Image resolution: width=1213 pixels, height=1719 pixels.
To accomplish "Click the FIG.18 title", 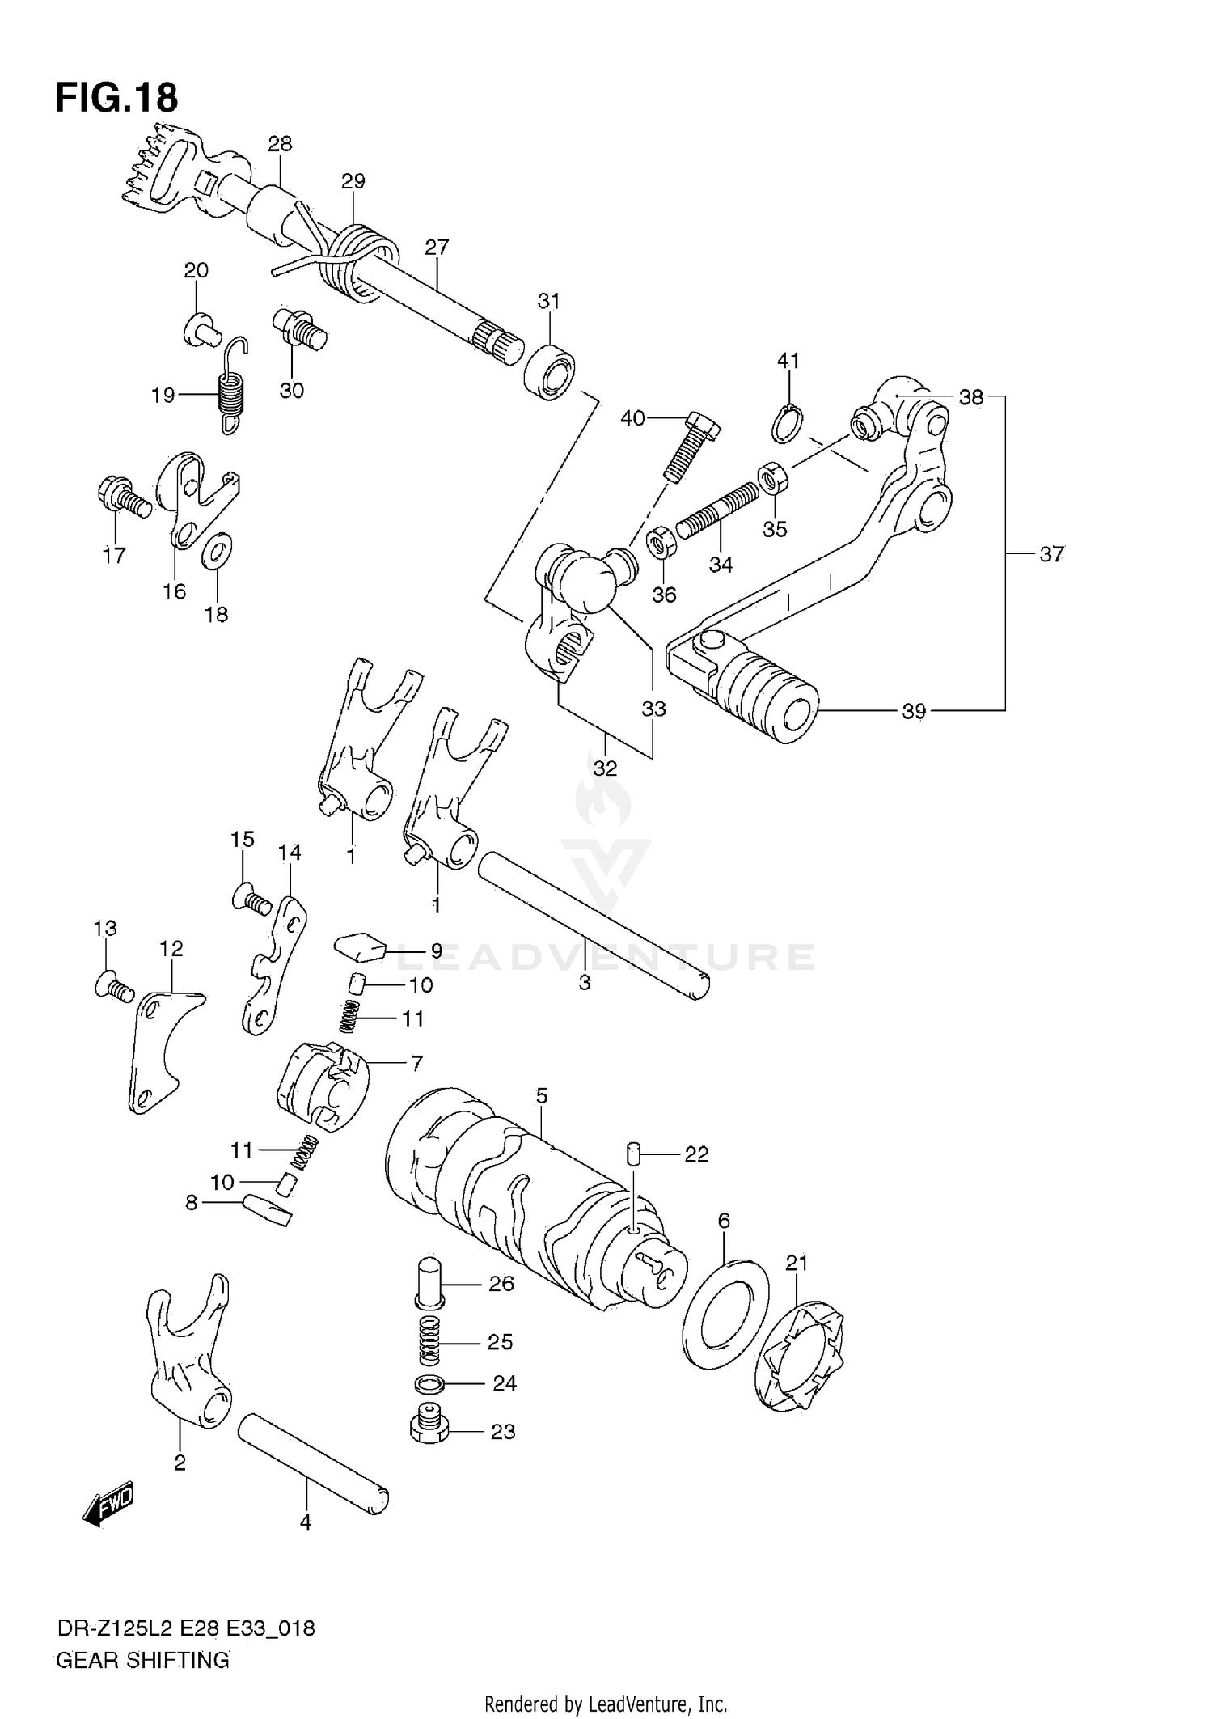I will pos(116,98).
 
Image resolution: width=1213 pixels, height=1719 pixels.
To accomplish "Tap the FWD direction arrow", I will pos(108,1506).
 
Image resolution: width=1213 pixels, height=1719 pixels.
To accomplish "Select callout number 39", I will pos(913,711).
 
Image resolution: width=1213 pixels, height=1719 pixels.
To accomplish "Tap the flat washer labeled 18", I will pos(216,553).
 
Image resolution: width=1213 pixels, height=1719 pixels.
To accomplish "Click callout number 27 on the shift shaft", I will pos(437,248).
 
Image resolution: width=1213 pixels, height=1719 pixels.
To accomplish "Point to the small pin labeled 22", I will pos(633,1153).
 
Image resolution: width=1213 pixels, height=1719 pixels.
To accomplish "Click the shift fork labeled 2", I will pos(190,1351).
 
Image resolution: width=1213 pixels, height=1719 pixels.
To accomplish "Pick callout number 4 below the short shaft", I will pos(305,1522).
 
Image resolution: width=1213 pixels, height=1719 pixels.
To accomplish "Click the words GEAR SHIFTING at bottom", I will pos(142,1661).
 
